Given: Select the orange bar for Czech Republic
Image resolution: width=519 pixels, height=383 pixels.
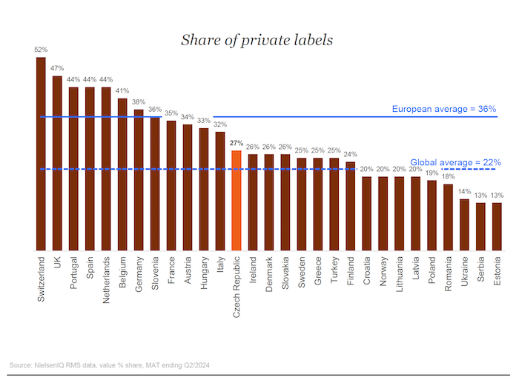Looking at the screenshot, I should tap(237, 200).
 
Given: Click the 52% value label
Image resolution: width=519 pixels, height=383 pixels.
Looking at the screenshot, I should tap(41, 50).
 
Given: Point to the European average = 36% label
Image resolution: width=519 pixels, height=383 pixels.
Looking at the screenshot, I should tap(444, 109).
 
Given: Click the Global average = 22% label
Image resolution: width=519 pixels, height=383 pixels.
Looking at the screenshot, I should tap(455, 161).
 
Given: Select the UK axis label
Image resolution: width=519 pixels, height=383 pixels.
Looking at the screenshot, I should tap(57, 265).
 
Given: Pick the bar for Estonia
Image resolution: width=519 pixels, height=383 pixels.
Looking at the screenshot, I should tap(497, 226).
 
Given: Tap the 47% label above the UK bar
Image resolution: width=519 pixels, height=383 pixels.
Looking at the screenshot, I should tap(57, 67).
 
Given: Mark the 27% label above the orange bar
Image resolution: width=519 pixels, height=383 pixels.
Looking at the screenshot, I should tap(237, 143).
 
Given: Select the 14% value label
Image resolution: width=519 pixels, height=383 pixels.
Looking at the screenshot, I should tap(464, 191).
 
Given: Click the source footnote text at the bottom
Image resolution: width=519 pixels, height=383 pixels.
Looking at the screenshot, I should tap(109, 364).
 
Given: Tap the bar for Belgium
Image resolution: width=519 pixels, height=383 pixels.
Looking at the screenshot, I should tap(122, 174).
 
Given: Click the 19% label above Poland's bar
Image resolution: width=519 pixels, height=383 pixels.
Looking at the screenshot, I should tap(432, 173).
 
